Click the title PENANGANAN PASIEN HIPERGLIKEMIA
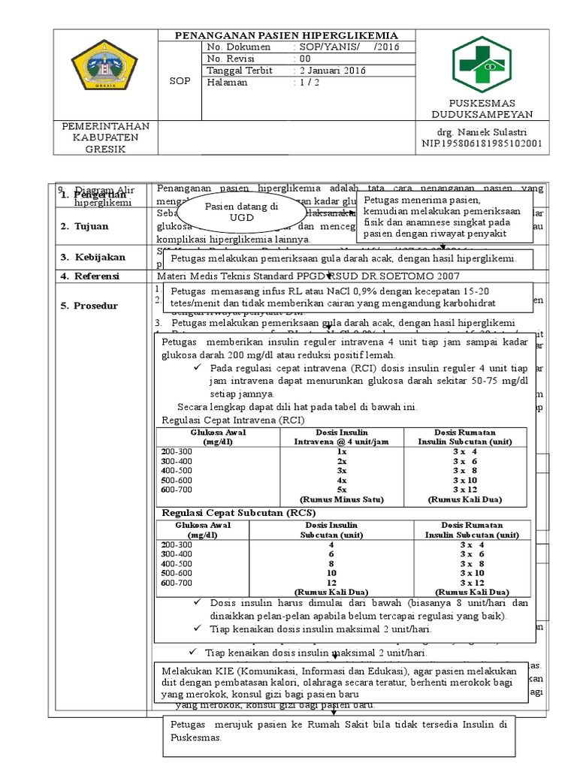pos(286,35)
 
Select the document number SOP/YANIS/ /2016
pos(346,47)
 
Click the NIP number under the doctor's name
pos(482,143)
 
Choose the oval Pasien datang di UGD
pos(231,210)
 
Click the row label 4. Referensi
pos(89,276)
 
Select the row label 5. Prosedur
pos(88,306)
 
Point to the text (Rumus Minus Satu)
pos(341,499)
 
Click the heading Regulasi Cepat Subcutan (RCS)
pos(234,512)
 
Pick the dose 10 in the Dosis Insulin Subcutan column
pos(331,572)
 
